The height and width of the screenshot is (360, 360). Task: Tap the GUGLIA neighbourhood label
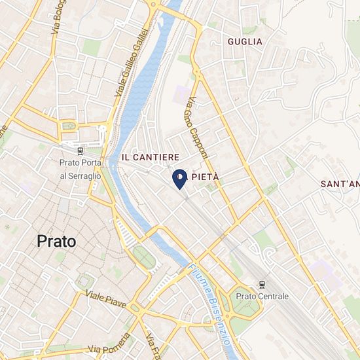(x=245, y=41)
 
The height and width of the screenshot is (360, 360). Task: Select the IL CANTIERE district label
(x=151, y=158)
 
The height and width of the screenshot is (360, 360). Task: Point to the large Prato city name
(x=56, y=241)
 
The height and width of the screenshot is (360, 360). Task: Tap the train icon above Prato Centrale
(x=262, y=284)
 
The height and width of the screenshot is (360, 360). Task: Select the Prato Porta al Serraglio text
(x=81, y=169)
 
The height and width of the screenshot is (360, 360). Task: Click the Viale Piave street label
(x=106, y=299)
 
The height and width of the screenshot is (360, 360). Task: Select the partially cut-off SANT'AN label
(x=340, y=184)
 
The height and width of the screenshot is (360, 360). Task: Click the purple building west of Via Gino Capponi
(x=180, y=94)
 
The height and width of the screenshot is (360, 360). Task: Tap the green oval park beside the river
(x=145, y=257)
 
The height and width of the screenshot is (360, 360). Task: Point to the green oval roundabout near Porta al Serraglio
(x=69, y=126)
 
